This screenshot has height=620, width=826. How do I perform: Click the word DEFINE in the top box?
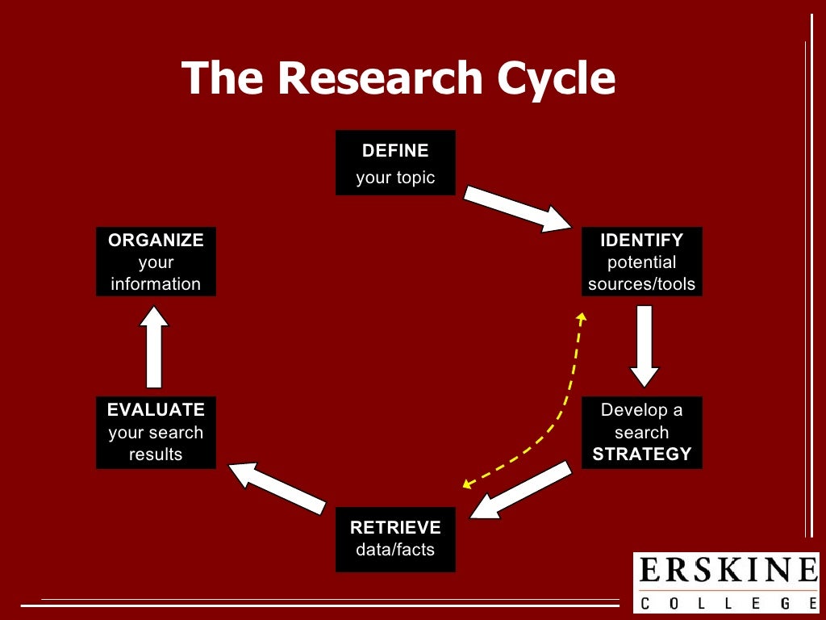[395, 151]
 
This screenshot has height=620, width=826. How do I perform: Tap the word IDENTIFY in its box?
[641, 240]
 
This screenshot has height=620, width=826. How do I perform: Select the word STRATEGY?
[642, 454]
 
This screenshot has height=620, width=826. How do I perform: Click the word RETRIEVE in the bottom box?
[395, 528]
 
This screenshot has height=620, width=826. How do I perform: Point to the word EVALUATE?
[156, 409]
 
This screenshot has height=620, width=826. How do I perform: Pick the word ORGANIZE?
[156, 240]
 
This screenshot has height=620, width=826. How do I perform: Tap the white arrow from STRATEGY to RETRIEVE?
[520, 489]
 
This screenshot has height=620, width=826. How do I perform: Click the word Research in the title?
[384, 78]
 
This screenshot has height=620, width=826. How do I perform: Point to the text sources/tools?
[641, 284]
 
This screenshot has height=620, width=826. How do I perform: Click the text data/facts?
[395, 550]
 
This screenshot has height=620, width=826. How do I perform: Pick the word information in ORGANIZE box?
[156, 284]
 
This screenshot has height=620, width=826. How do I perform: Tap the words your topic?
[395, 178]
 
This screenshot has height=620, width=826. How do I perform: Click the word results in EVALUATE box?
[156, 454]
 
